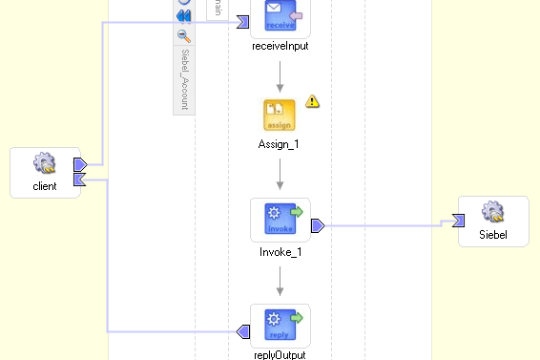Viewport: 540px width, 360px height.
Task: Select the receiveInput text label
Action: pyautogui.click(x=280, y=46)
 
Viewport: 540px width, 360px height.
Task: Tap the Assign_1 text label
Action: pyautogui.click(x=280, y=143)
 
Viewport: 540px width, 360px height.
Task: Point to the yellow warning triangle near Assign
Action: pyautogui.click(x=312, y=100)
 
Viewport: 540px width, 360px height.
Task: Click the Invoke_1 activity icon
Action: pyautogui.click(x=280, y=219)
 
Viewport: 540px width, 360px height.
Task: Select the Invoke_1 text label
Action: pyautogui.click(x=280, y=253)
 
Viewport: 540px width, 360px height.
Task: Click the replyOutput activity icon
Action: pyautogui.click(x=280, y=324)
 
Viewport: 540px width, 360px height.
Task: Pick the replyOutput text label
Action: pyautogui.click(x=280, y=354)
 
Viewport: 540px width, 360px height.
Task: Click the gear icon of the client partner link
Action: pyautogui.click(x=44, y=164)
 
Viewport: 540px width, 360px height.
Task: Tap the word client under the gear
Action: pyautogui.click(x=44, y=186)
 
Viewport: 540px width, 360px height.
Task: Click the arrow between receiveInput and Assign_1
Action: pyautogui.click(x=280, y=77)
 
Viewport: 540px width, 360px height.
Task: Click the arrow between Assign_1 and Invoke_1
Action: pyautogui.click(x=280, y=176)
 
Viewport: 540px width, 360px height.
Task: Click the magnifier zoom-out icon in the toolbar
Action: pyautogui.click(x=184, y=36)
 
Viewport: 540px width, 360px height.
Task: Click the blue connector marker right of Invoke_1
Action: pyautogui.click(x=318, y=225)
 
